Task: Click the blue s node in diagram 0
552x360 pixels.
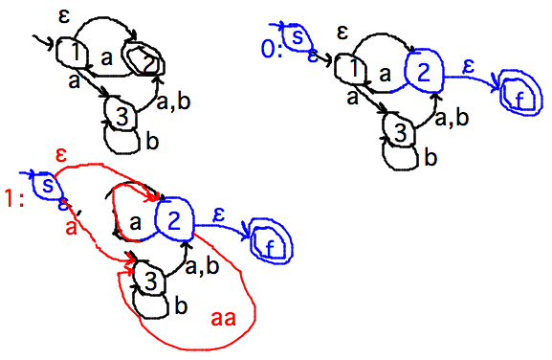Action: click(298, 37)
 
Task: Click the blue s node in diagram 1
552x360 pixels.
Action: click(44, 184)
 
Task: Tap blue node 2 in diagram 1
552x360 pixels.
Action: click(173, 219)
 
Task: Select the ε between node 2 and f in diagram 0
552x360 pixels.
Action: click(468, 67)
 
